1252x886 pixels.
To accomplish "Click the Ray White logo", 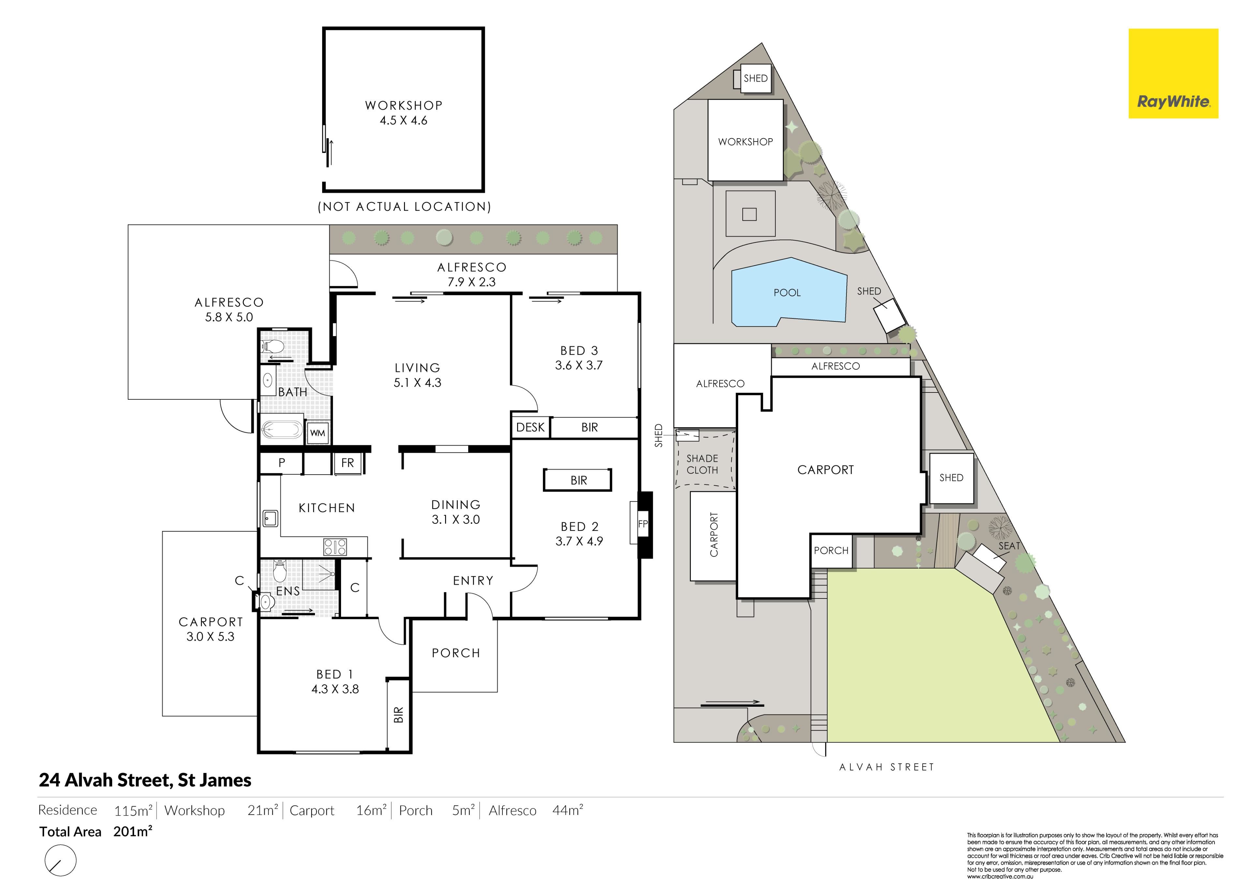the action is point(1173,74).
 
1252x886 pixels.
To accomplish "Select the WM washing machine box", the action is point(318,433).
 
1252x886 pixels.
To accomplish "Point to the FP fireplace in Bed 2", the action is point(643,524).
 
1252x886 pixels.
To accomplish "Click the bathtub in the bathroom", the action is point(281,429).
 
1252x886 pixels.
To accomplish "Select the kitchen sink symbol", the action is point(270,518).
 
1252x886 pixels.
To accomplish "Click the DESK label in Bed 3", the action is point(530,427).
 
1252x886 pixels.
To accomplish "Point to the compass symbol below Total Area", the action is point(61,860).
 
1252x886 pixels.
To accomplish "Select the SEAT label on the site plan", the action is point(1009,546).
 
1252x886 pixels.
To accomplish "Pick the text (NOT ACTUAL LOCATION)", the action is point(404,207).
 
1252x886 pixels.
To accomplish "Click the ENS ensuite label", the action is point(288,591).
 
